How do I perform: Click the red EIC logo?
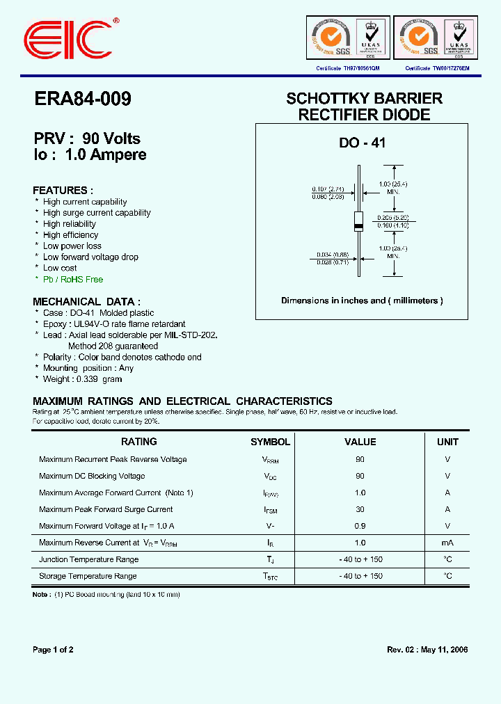pyautogui.click(x=67, y=38)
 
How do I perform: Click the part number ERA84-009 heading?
pyautogui.click(x=82, y=99)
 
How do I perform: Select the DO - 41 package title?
pyautogui.click(x=362, y=143)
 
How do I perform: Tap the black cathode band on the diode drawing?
pyautogui.click(x=358, y=227)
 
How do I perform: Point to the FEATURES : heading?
pyautogui.click(x=63, y=190)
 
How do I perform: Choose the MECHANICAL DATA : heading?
pyautogui.click(x=86, y=302)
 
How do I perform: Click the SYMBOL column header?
pyautogui.click(x=270, y=442)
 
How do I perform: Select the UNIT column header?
pyautogui.click(x=447, y=442)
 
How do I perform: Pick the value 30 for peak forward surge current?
pyautogui.click(x=360, y=509)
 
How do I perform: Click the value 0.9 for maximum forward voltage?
pyautogui.click(x=360, y=526)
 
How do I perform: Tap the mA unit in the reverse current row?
pyautogui.click(x=447, y=543)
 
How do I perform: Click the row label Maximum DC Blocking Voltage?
pyautogui.click(x=92, y=477)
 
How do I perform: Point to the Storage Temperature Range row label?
pyautogui.click(x=88, y=576)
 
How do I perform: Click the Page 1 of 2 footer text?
pyautogui.click(x=53, y=650)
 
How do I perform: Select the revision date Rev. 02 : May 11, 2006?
pyautogui.click(x=427, y=650)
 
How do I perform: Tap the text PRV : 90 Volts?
pyautogui.click(x=87, y=138)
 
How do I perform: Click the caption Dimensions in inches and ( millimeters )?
pyautogui.click(x=362, y=301)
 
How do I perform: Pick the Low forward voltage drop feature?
pyautogui.click(x=90, y=257)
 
